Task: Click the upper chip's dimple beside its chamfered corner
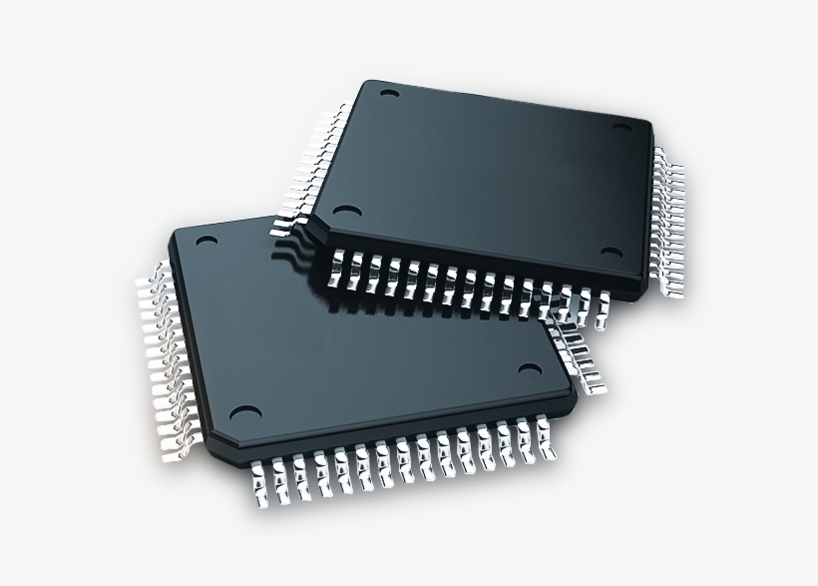(346, 212)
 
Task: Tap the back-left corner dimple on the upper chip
(389, 96)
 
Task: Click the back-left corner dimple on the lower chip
(206, 241)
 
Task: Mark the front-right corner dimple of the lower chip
(526, 372)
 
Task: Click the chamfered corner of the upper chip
(311, 228)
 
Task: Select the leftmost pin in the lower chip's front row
(258, 480)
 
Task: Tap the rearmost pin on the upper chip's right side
(661, 154)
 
